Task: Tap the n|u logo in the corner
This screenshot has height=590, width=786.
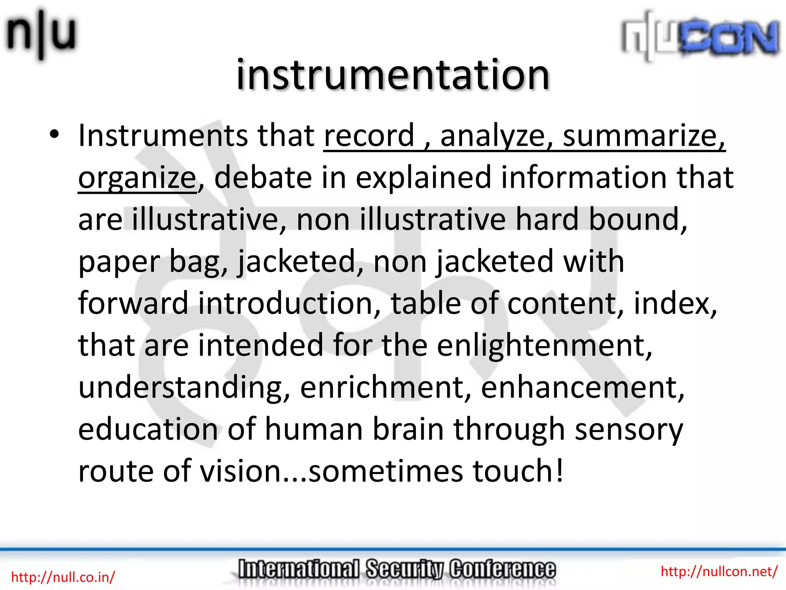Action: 40,35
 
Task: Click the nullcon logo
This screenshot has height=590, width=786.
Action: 700,36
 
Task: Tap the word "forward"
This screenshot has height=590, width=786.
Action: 133,303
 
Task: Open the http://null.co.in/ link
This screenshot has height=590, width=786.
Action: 63,577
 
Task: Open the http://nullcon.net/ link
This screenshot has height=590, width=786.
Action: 719,571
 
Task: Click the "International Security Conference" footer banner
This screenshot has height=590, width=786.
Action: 396,570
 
